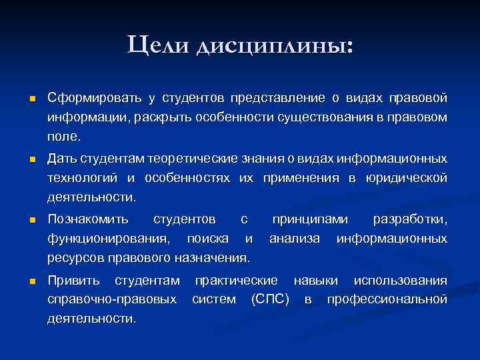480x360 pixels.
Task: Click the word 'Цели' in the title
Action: pyautogui.click(x=158, y=44)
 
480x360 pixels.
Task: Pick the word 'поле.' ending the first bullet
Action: pyautogui.click(x=63, y=137)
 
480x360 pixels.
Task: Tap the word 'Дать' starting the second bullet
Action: pyautogui.click(x=62, y=159)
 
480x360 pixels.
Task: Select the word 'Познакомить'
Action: pyautogui.click(x=89, y=219)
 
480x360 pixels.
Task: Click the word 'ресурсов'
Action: pyautogui.click(x=75, y=257)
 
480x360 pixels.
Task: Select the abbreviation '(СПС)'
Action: pyautogui.click(x=269, y=299)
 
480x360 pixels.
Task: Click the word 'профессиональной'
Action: pyautogui.click(x=387, y=299)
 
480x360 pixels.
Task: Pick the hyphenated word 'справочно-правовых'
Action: pyautogui.click(x=113, y=299)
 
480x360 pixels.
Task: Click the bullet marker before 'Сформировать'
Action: pyautogui.click(x=31, y=99)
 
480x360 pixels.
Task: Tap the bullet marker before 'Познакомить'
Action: pyautogui.click(x=31, y=219)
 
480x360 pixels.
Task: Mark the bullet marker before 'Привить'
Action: pyautogui.click(x=31, y=281)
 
